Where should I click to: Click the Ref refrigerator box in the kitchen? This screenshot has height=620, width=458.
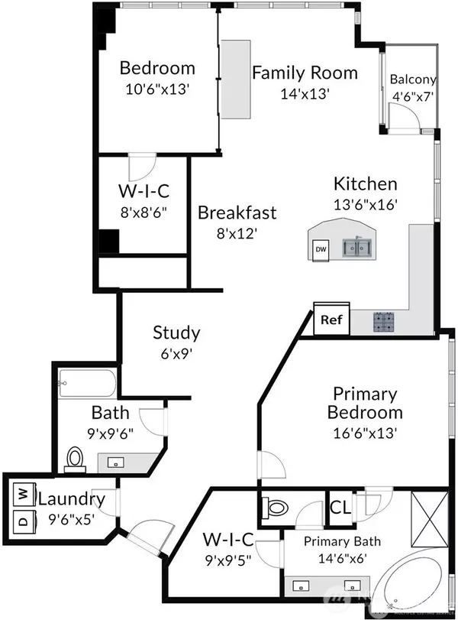331,320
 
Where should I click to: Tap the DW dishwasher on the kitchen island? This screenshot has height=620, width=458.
321,249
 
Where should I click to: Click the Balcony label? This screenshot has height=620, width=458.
412,79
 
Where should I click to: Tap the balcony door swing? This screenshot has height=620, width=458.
402,115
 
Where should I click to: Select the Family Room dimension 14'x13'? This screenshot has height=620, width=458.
305,93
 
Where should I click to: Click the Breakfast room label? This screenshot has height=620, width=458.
237,213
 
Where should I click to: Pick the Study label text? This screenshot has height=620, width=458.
176,333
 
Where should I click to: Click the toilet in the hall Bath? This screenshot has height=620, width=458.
75,458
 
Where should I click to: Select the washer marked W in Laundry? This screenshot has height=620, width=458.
22,494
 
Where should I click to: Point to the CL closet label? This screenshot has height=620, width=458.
339,507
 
